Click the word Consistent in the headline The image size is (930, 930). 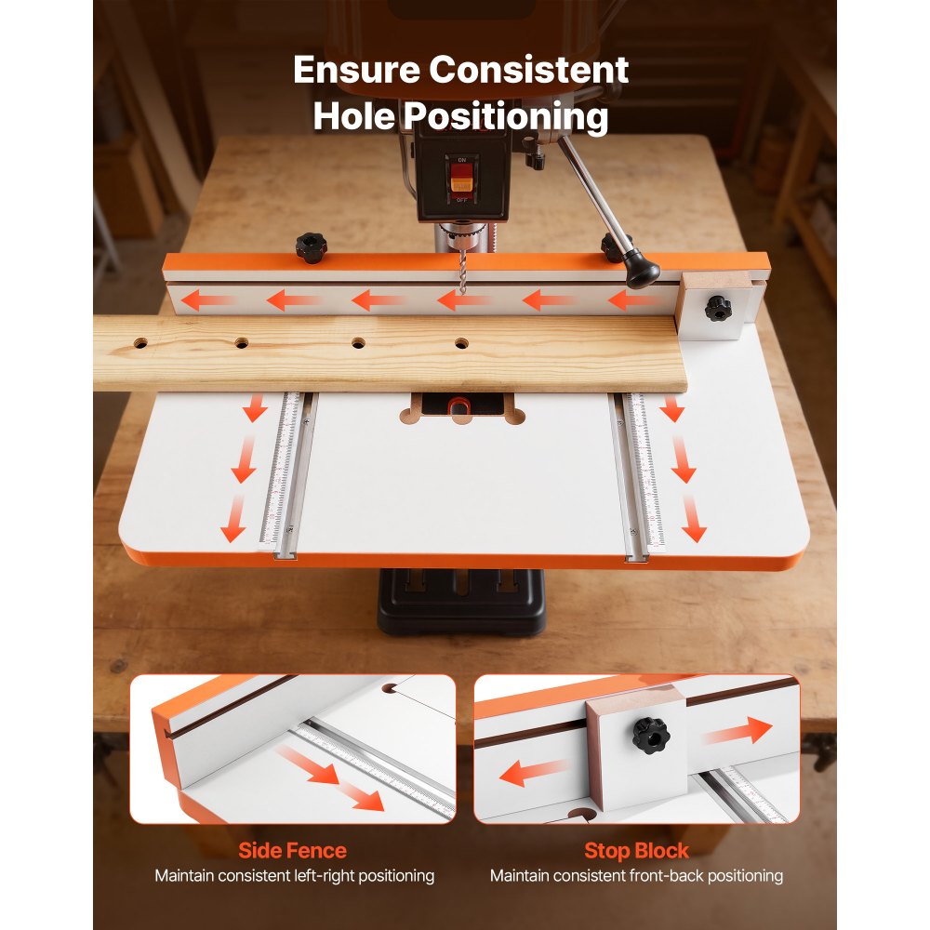[x=536, y=71]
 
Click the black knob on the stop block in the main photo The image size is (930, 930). [x=717, y=308]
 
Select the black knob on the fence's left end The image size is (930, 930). [x=311, y=246]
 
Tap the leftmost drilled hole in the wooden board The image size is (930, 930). [x=140, y=343]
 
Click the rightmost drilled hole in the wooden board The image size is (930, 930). [x=461, y=344]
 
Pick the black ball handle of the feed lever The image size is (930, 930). [x=642, y=272]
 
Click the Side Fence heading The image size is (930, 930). [x=292, y=850]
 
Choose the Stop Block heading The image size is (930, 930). [x=636, y=850]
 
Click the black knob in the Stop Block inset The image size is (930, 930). [x=651, y=736]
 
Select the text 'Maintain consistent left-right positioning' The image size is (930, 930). [x=294, y=875]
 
